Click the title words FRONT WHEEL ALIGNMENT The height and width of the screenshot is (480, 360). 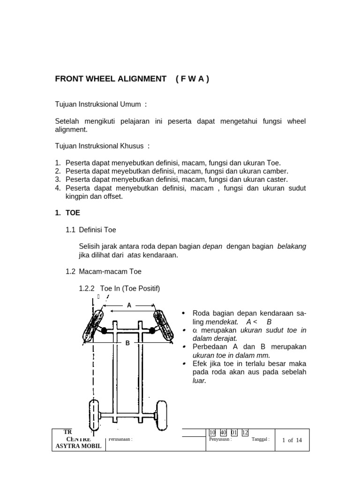click(x=111, y=79)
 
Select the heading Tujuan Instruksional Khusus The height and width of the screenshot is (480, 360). click(x=100, y=146)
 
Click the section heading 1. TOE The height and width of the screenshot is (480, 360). click(x=67, y=213)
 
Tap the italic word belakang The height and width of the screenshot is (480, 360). click(x=292, y=247)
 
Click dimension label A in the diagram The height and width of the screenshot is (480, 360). click(x=129, y=305)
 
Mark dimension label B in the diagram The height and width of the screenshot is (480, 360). click(x=127, y=343)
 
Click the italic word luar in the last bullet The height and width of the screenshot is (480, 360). click(x=199, y=381)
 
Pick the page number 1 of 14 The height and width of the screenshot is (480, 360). click(x=292, y=440)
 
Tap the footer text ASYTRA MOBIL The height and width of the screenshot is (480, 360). click(x=77, y=446)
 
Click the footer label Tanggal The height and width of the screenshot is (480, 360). click(x=260, y=439)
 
